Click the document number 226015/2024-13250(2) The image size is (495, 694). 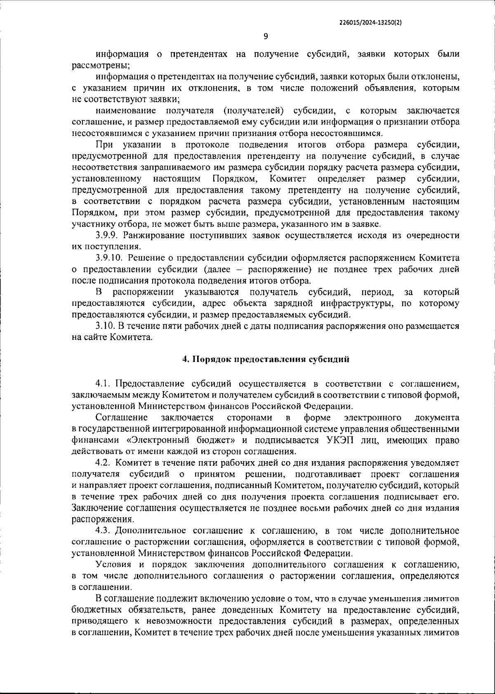coord(370,23)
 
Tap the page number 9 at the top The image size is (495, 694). coord(266,36)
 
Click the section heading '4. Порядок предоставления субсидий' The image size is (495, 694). coord(266,359)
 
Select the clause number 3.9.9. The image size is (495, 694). coord(107,235)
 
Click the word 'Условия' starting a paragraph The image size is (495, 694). coord(111,564)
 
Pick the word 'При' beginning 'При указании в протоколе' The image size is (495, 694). coord(104,145)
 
